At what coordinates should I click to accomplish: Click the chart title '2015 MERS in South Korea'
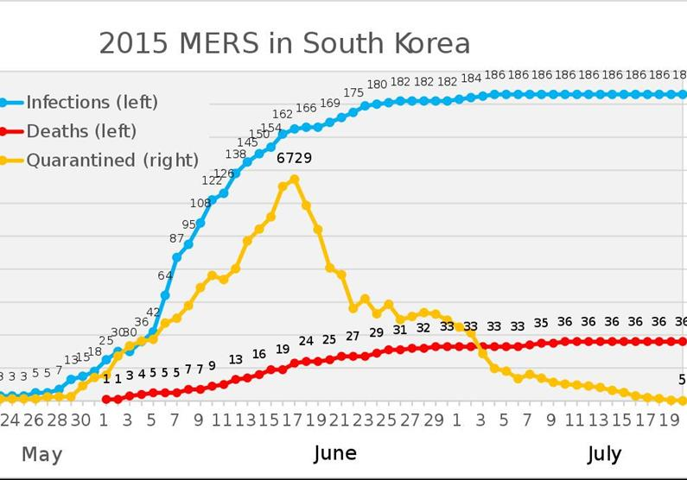(284, 43)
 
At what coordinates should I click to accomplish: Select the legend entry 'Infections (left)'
(92, 102)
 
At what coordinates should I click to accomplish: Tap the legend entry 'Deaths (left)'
(81, 131)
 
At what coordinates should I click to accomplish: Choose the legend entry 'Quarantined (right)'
(112, 160)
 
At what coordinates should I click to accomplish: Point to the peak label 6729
(294, 158)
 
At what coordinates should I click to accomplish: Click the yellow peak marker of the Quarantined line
(295, 179)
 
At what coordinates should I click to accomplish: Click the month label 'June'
(334, 453)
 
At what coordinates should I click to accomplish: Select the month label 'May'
(41, 454)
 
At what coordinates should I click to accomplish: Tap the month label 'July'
(604, 453)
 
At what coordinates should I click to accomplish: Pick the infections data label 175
(353, 92)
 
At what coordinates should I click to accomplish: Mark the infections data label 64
(165, 275)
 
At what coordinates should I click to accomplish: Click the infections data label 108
(200, 203)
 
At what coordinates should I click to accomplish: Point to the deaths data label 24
(306, 341)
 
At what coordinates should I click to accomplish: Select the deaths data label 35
(541, 323)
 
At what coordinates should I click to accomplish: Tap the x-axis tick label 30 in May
(80, 420)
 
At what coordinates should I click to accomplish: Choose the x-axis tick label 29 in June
(435, 420)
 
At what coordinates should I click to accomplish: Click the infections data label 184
(471, 79)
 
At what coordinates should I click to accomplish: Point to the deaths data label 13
(236, 359)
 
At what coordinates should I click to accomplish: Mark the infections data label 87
(177, 238)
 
